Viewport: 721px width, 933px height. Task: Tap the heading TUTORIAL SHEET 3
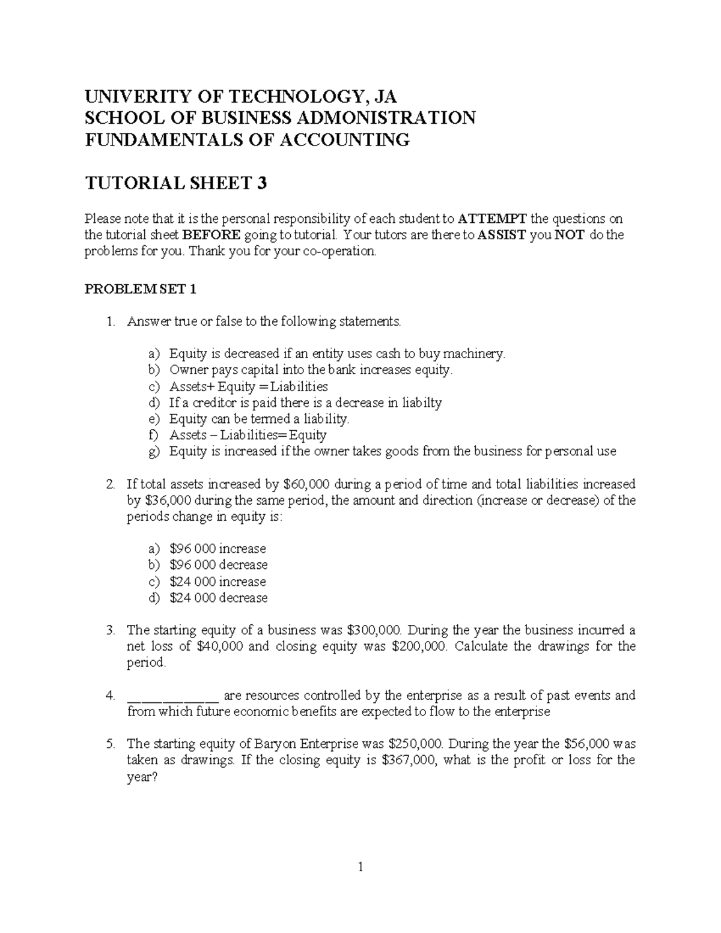[175, 183]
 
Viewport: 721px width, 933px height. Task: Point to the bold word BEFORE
[211, 235]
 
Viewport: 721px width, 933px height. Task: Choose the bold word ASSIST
[502, 235]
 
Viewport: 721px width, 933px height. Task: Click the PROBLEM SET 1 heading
[140, 290]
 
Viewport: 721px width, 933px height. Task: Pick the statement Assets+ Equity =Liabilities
[249, 386]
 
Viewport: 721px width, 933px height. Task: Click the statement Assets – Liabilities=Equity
[248, 435]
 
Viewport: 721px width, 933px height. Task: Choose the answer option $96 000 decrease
[219, 565]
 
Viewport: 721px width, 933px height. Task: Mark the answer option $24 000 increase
[218, 582]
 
